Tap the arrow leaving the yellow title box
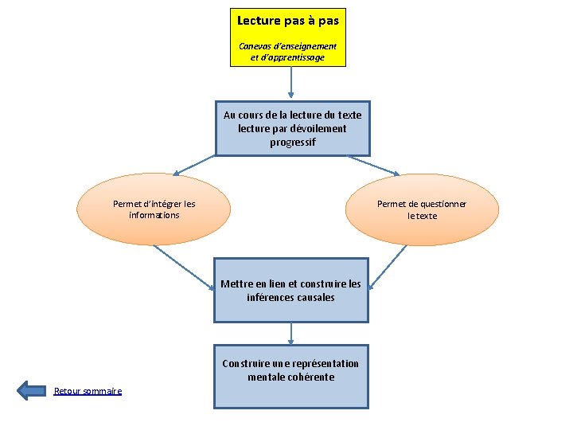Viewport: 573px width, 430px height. click(291, 84)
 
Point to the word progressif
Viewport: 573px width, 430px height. click(292, 142)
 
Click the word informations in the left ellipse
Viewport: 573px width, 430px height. click(154, 215)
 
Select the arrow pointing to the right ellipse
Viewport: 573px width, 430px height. click(374, 165)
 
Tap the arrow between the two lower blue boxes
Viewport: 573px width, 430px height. click(291, 332)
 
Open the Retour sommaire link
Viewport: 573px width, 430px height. click(88, 391)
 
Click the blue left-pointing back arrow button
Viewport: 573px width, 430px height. click(32, 390)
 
